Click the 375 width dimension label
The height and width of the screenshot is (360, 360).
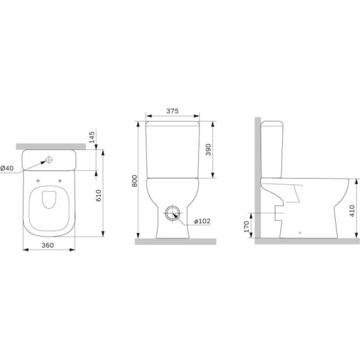point(172,111)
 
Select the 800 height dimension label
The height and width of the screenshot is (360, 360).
point(135,181)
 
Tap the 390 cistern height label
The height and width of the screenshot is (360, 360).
point(208,150)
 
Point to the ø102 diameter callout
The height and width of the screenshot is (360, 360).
point(202,221)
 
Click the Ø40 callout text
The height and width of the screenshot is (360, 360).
point(7,168)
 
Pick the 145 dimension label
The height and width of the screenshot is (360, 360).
point(92,137)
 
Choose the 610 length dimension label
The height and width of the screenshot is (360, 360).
point(98,196)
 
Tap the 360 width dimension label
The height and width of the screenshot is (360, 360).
point(48,245)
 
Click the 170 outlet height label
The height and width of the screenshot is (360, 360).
point(247,226)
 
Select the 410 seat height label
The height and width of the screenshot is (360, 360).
point(351,211)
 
